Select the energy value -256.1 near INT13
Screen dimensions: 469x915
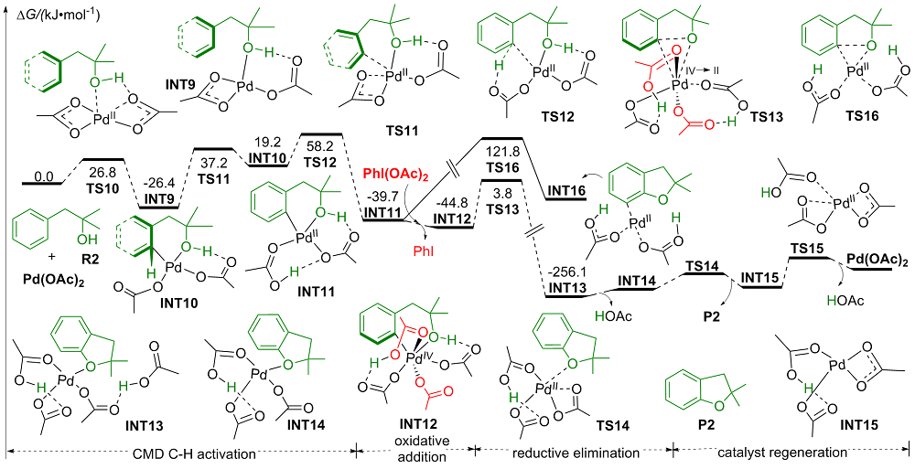pyautogui.click(x=565, y=272)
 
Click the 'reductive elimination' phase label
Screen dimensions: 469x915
pyautogui.click(x=576, y=453)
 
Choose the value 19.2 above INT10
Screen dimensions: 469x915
pyautogui.click(x=265, y=144)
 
